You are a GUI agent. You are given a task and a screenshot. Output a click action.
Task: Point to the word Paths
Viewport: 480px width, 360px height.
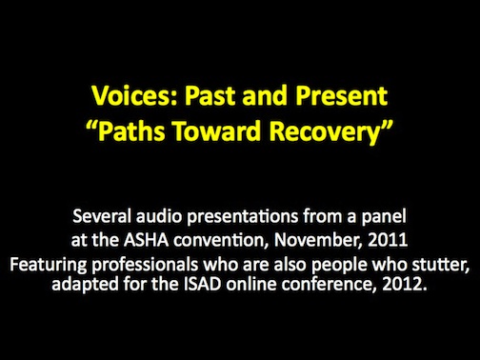pyautogui.click(x=131, y=130)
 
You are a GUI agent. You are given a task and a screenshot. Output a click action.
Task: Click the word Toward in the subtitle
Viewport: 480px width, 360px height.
pyautogui.click(x=217, y=130)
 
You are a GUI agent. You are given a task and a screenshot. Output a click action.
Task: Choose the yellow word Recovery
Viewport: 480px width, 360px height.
pyautogui.click(x=325, y=132)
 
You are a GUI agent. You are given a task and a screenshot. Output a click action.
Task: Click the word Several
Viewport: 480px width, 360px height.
pyautogui.click(x=102, y=216)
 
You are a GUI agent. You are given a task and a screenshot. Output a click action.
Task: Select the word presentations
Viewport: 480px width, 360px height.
pyautogui.click(x=243, y=217)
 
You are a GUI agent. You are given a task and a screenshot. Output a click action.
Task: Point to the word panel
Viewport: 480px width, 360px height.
pyautogui.click(x=384, y=217)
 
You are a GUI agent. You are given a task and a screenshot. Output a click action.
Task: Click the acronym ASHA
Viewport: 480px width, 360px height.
pyautogui.click(x=146, y=240)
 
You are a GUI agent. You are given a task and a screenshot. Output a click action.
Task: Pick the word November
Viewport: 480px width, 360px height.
pyautogui.click(x=318, y=240)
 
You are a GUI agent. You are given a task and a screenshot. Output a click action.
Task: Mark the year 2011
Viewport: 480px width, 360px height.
pyautogui.click(x=388, y=240)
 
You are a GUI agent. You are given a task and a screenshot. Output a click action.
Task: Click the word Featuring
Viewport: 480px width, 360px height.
pyautogui.click(x=48, y=265)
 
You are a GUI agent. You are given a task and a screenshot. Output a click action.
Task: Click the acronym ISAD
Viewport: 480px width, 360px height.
pyautogui.click(x=202, y=284)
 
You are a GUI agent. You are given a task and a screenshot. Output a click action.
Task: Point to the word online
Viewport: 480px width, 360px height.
pyautogui.click(x=251, y=284)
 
